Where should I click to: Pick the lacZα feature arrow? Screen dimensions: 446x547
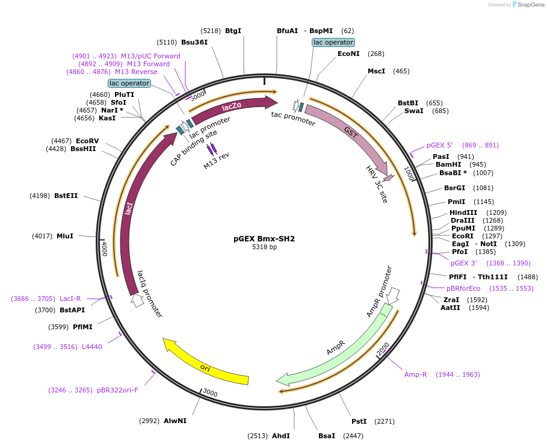click(x=232, y=107)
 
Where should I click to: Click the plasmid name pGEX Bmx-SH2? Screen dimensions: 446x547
click(x=264, y=238)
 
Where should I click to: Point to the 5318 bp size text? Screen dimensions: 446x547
click(x=264, y=247)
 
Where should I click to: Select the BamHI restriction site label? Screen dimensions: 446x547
click(x=448, y=164)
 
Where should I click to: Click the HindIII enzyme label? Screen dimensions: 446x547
click(x=463, y=212)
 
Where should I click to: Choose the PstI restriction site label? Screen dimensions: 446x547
click(x=359, y=421)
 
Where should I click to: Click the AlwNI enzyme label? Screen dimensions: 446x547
click(x=175, y=421)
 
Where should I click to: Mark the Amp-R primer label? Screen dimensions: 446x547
click(x=415, y=374)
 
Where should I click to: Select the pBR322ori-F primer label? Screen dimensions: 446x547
click(x=117, y=390)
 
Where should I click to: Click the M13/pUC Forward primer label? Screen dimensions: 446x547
click(x=150, y=56)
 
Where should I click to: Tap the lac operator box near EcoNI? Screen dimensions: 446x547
click(x=333, y=42)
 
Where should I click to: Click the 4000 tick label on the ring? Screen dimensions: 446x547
click(x=104, y=249)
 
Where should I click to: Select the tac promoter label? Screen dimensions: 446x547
click(x=293, y=118)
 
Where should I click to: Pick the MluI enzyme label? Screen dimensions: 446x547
click(x=65, y=236)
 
